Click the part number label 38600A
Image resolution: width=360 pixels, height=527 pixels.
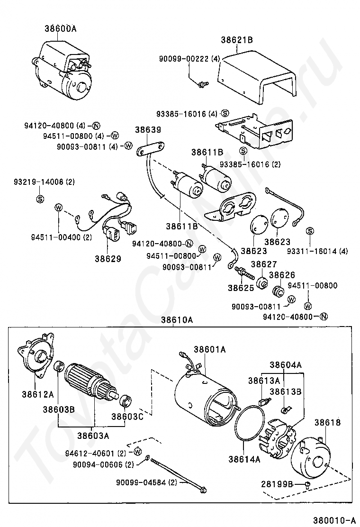pyautogui.click(x=61, y=28)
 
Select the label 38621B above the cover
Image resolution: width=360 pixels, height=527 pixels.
pyautogui.click(x=237, y=40)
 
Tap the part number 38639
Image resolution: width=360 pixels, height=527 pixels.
pyautogui.click(x=148, y=130)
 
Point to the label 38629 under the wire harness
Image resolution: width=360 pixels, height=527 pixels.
pyautogui.click(x=108, y=259)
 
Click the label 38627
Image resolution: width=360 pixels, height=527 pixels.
pyautogui.click(x=264, y=264)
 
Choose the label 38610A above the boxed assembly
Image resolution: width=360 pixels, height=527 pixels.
pyautogui.click(x=177, y=319)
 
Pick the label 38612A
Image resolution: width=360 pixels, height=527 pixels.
pyautogui.click(x=38, y=394)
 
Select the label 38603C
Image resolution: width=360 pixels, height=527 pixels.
pyautogui.click(x=127, y=417)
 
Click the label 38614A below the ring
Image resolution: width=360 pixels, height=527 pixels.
pyautogui.click(x=244, y=459)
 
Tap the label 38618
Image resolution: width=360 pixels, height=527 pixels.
pyautogui.click(x=327, y=422)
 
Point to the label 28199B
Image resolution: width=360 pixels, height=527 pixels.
pyautogui.click(x=277, y=484)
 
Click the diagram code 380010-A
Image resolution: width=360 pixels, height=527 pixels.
pyautogui.click(x=334, y=520)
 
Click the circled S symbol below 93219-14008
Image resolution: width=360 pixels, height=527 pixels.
pyautogui.click(x=40, y=199)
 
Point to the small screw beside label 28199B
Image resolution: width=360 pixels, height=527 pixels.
pyautogui.click(x=307, y=484)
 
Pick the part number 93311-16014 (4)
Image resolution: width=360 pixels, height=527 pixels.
pyautogui.click(x=317, y=251)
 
